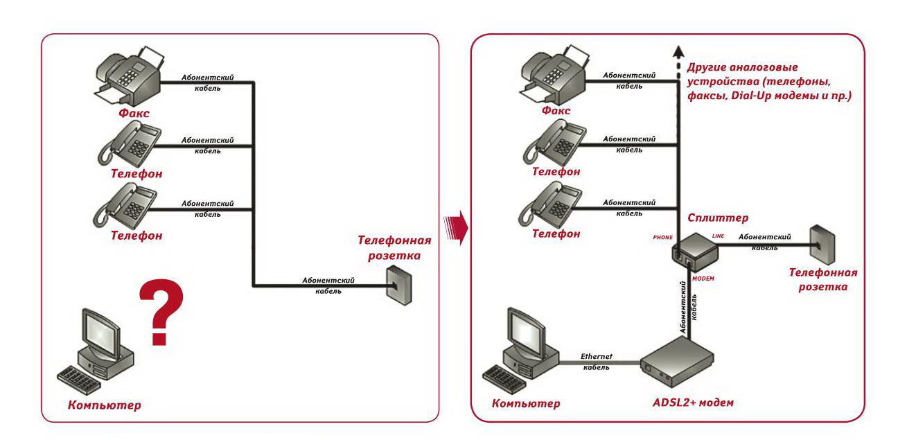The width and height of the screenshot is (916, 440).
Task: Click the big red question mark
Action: click(162, 312)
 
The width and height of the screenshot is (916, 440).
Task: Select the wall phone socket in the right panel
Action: click(822, 245)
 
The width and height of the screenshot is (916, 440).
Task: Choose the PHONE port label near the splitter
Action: click(662, 238)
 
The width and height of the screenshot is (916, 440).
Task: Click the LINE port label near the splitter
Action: click(718, 236)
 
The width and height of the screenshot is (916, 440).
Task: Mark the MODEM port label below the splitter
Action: click(703, 278)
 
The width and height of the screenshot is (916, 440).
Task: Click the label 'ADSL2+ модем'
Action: click(692, 403)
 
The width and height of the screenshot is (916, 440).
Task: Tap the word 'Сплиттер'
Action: click(717, 218)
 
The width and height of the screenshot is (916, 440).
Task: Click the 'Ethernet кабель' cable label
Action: click(596, 362)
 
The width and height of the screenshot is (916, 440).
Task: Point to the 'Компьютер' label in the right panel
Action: click(525, 404)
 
